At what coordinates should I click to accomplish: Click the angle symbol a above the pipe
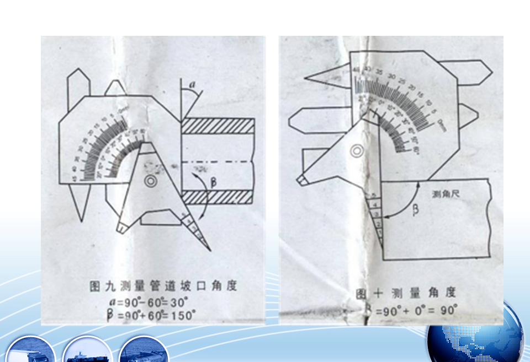tap(192, 85)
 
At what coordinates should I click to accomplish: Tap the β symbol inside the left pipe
tap(214, 180)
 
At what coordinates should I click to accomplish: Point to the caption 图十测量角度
tap(406, 292)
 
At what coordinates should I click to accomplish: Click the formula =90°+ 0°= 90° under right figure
tap(416, 310)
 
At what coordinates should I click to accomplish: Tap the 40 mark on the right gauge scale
tap(356, 69)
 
